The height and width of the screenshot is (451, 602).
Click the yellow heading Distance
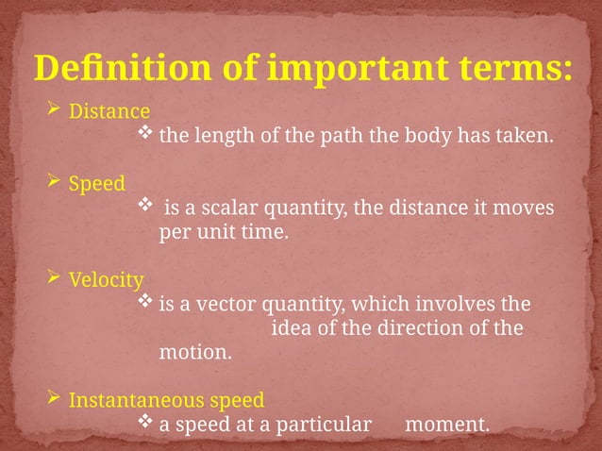tap(109, 111)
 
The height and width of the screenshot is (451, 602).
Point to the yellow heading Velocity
tap(107, 280)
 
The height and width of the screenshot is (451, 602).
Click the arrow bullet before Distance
tap(54, 111)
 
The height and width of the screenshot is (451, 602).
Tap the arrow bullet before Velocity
tap(54, 280)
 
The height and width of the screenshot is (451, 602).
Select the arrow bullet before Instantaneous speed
tap(54, 399)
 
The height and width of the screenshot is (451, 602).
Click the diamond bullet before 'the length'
tap(145, 135)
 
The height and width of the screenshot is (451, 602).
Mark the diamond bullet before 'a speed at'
tap(145, 424)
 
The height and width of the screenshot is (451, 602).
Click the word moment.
tap(446, 425)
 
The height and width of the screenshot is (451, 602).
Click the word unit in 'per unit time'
tap(210, 232)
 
